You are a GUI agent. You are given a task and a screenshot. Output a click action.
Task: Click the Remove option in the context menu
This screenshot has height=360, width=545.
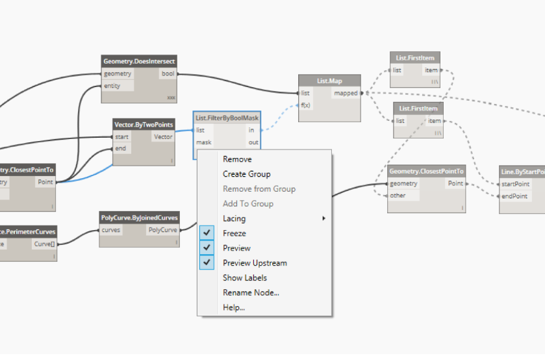point(237,159)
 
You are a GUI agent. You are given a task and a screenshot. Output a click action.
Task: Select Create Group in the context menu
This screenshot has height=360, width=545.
point(246,174)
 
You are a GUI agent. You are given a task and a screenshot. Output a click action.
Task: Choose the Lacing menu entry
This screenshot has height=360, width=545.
point(234,218)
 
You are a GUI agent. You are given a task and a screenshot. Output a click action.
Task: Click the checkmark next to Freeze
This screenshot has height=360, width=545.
point(207,233)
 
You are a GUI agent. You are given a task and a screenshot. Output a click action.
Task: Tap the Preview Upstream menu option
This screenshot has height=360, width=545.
point(255,263)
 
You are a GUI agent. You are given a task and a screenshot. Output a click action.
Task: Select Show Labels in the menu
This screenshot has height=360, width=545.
point(244,278)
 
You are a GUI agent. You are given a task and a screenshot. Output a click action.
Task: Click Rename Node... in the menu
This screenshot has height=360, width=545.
point(251,292)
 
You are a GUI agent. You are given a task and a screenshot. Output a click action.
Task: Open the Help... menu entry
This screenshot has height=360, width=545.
point(234,307)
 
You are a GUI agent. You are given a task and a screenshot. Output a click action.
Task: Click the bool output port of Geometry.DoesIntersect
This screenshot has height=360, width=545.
point(167,74)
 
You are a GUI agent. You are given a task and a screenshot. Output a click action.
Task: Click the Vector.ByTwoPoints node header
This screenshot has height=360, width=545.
point(143,124)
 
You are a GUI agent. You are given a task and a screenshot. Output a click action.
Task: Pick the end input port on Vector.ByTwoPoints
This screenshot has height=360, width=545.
point(121,148)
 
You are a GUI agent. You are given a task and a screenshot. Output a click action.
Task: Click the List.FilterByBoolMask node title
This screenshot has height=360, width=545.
point(227,118)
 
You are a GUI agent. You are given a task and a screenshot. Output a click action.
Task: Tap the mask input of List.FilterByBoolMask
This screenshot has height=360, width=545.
point(204,142)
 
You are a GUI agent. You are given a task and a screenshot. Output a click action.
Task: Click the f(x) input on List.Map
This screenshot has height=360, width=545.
point(306,105)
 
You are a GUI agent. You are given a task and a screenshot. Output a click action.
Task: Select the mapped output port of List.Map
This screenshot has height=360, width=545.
point(346,94)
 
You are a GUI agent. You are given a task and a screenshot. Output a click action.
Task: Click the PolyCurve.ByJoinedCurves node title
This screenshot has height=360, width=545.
point(139,218)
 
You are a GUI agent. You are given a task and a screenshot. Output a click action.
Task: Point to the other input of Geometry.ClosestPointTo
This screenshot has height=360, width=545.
point(398,196)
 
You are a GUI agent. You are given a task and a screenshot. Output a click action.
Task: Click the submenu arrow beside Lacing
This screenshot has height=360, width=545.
point(323,218)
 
